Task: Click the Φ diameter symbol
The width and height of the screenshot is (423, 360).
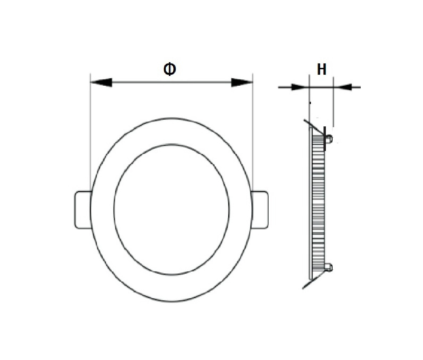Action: click(x=170, y=69)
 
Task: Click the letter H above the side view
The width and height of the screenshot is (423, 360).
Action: click(x=322, y=69)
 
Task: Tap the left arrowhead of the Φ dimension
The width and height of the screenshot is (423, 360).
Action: click(x=101, y=83)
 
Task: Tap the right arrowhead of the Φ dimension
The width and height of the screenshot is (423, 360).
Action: click(x=242, y=83)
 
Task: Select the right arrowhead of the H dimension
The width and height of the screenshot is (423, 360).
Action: click(x=343, y=87)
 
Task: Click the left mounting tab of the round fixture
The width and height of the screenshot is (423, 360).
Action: click(x=83, y=210)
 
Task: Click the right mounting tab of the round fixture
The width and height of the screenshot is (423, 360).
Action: click(x=260, y=210)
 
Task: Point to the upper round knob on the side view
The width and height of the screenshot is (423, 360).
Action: click(x=329, y=139)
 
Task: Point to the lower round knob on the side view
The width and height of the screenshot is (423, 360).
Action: click(x=329, y=268)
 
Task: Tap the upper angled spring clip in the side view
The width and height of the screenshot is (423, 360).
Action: click(x=314, y=127)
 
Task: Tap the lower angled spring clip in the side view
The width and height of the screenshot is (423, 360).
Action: click(x=314, y=281)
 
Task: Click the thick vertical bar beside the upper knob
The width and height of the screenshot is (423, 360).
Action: click(x=325, y=139)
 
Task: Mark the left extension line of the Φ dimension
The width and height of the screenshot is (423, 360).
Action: click(x=90, y=132)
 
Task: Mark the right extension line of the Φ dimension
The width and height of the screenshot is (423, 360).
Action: click(x=253, y=132)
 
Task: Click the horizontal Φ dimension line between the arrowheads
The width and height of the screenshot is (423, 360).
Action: click(x=172, y=82)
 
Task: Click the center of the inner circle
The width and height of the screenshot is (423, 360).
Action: click(x=172, y=210)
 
